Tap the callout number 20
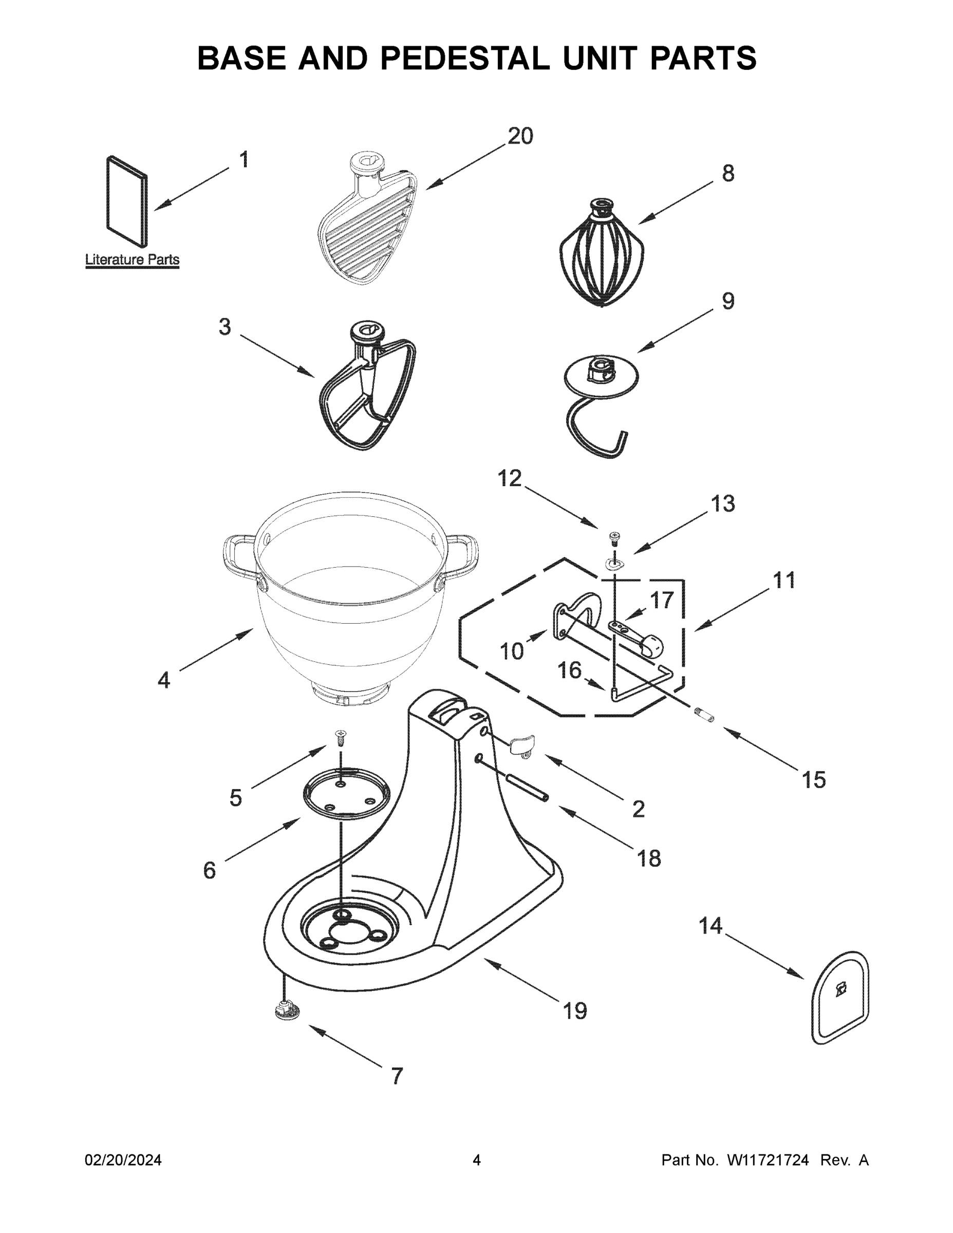(x=520, y=136)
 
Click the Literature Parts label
(x=132, y=259)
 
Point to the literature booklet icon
(x=127, y=201)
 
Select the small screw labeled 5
(x=341, y=735)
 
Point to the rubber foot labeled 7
(x=287, y=1009)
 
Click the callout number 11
(x=783, y=580)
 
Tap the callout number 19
(x=575, y=1011)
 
